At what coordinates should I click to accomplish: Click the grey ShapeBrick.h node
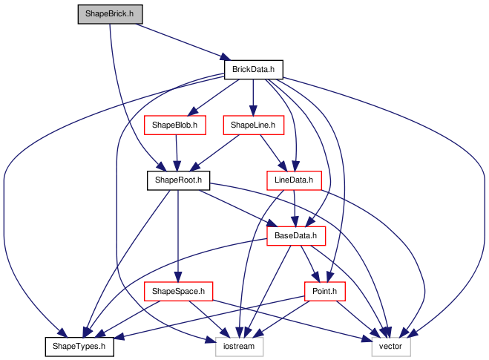click(110, 14)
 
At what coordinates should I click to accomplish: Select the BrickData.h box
click(254, 70)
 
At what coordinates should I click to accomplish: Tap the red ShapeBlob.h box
click(175, 125)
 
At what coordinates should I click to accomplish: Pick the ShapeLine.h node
click(254, 125)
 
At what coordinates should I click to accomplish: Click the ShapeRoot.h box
click(178, 180)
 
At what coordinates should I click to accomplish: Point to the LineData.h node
click(294, 180)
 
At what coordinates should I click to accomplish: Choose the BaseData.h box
click(296, 236)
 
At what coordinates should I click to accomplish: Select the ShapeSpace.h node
click(178, 292)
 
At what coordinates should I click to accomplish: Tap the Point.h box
click(325, 292)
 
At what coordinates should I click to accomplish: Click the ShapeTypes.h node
click(79, 347)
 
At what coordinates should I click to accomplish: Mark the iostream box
click(239, 347)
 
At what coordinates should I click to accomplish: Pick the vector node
click(391, 347)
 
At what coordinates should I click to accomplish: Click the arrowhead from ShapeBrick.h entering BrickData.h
click(225, 57)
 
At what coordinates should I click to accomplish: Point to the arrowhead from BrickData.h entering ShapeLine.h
click(253, 111)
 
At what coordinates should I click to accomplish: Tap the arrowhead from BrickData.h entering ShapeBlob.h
click(193, 111)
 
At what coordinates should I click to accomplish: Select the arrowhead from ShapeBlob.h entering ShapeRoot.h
click(177, 166)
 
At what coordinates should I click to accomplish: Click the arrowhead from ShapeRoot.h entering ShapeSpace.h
click(178, 277)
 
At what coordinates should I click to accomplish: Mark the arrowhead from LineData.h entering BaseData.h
click(295, 221)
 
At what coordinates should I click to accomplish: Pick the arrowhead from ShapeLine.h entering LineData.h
click(283, 166)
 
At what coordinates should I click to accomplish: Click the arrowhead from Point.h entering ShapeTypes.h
click(119, 336)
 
